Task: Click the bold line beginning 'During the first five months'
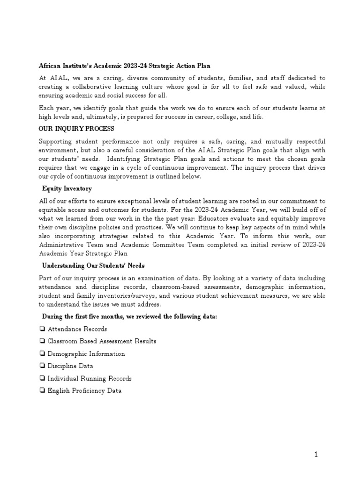coord(129,317)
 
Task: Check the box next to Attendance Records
coord(42,329)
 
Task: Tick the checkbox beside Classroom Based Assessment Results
coord(42,341)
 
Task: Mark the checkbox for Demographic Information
coord(42,354)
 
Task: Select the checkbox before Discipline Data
coord(42,366)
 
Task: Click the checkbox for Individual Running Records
coord(42,378)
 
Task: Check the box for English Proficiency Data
coord(42,390)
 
